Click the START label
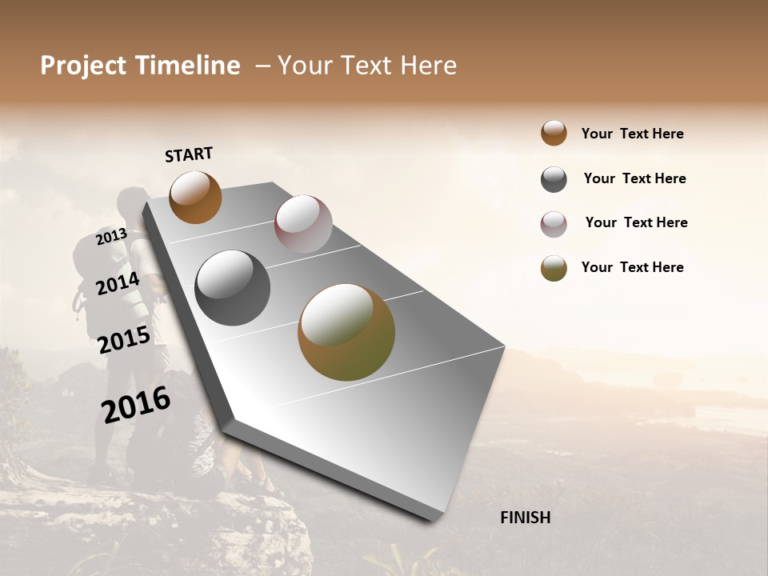tap(189, 154)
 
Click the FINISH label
tap(525, 518)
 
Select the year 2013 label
tap(111, 236)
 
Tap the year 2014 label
tap(118, 283)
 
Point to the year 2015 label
tap(124, 340)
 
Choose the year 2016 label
tap(136, 405)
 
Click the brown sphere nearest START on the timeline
tap(195, 197)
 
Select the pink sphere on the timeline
tap(303, 224)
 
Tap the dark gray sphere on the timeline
tap(233, 288)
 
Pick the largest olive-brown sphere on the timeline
tap(346, 332)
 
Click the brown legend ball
tap(554, 133)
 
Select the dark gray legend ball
tap(554, 179)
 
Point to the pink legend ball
tap(554, 224)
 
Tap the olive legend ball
tap(554, 268)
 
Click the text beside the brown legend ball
tap(632, 134)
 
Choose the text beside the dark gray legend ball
tap(634, 178)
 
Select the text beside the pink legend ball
tap(636, 222)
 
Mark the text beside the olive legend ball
tap(632, 267)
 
